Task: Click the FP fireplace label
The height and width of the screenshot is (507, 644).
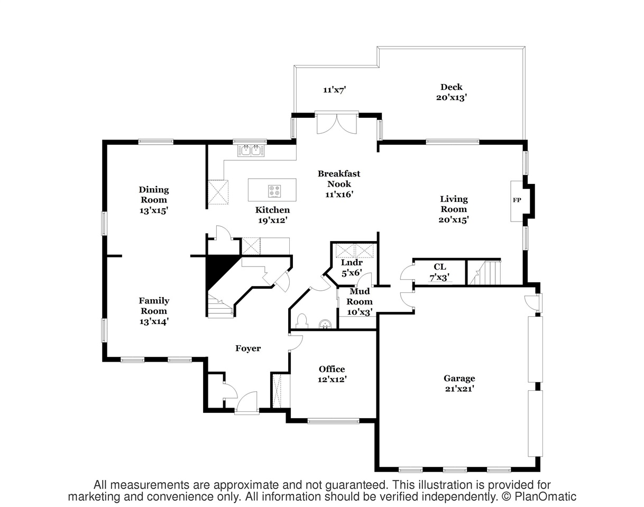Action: click(x=517, y=200)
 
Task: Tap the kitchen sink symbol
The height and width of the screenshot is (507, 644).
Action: click(x=251, y=150)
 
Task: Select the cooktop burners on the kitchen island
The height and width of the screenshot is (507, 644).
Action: click(x=274, y=191)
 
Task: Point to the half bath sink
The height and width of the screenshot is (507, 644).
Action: click(x=325, y=325)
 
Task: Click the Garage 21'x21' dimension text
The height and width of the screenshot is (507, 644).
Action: click(x=459, y=389)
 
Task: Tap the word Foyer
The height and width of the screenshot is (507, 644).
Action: click(x=248, y=348)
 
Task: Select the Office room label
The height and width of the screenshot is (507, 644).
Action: click(x=332, y=369)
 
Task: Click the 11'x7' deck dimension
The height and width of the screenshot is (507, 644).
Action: click(x=335, y=89)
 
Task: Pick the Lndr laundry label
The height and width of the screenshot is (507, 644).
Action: click(x=352, y=262)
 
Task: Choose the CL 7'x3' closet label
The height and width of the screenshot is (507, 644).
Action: click(x=440, y=272)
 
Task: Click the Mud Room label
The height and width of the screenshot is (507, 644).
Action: click(x=360, y=296)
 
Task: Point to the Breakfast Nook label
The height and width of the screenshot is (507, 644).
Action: click(x=339, y=179)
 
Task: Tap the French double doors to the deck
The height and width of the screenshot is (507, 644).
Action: click(x=337, y=123)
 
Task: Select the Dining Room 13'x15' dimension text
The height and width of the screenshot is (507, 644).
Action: click(x=153, y=210)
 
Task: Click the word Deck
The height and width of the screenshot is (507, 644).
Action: click(x=452, y=87)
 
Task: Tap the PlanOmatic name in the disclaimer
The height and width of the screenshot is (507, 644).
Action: click(x=545, y=496)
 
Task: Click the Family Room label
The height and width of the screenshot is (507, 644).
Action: click(x=154, y=306)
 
